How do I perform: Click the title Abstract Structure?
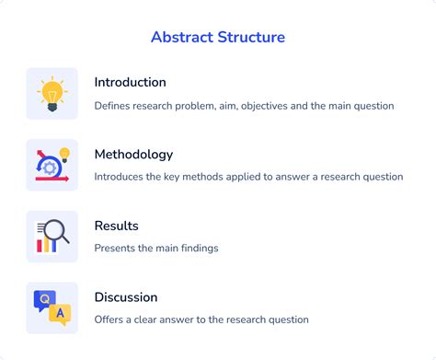[218, 38]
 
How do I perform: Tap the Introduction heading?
[130, 82]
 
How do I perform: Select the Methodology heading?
[133, 154]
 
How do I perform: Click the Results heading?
[116, 226]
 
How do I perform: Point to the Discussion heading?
[125, 297]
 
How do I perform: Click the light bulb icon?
[52, 93]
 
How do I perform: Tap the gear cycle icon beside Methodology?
[52, 165]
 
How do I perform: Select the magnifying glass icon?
[52, 237]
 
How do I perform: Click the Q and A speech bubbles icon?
[52, 308]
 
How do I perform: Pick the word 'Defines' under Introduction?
[113, 106]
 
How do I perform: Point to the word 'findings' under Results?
[196, 248]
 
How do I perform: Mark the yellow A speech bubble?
[60, 314]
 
